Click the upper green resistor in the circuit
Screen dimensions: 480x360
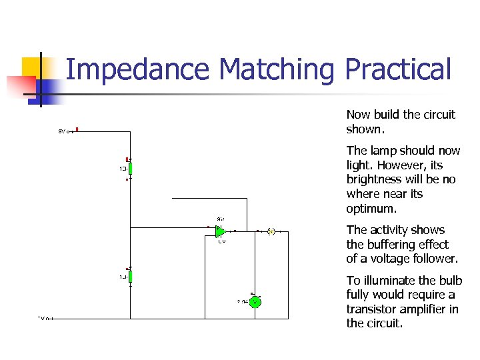click(x=131, y=168)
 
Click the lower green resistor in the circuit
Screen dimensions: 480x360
click(x=131, y=277)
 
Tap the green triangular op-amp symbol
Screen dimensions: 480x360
click(x=221, y=231)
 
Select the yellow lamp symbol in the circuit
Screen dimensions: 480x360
click(x=271, y=231)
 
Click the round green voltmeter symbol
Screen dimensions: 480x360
click(x=255, y=302)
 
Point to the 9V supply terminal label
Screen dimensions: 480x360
click(x=62, y=131)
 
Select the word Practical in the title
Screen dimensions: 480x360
click(x=398, y=69)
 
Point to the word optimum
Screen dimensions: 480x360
click(x=371, y=209)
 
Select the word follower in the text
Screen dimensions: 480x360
click(x=433, y=259)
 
